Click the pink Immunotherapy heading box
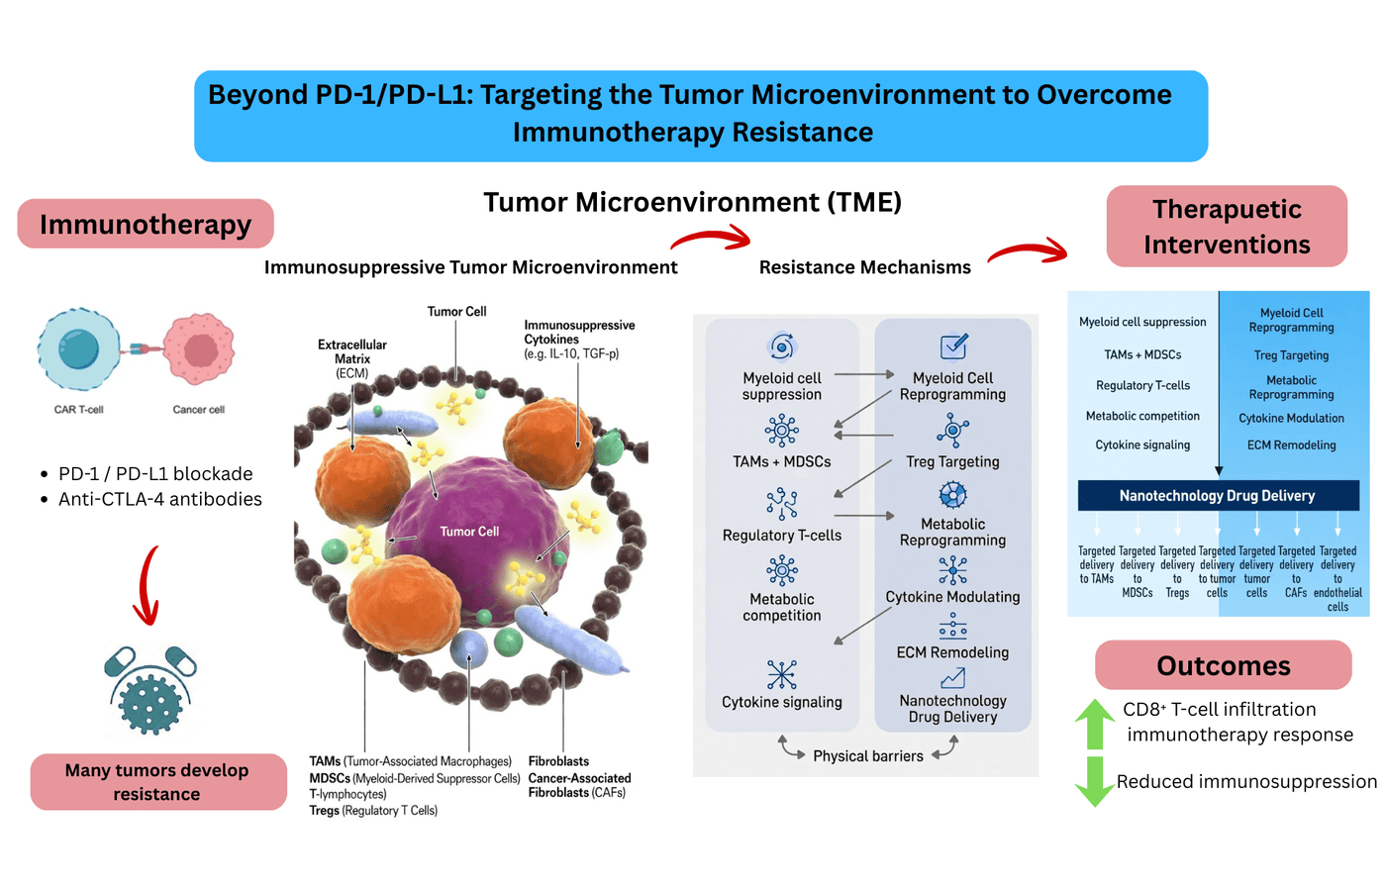(x=146, y=225)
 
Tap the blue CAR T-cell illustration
(x=78, y=349)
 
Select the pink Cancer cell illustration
(x=199, y=349)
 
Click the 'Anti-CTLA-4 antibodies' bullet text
(x=160, y=499)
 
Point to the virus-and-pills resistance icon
(x=150, y=690)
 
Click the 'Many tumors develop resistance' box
(x=157, y=782)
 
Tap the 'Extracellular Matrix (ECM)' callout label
(x=352, y=358)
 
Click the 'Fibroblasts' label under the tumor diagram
(x=558, y=761)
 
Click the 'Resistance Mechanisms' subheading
(x=864, y=267)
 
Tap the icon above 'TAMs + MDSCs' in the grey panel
(x=782, y=431)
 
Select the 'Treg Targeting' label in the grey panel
(x=952, y=461)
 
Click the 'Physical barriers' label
(x=867, y=756)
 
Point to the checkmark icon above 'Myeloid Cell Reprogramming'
(x=953, y=346)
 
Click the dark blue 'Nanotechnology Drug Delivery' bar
(x=1218, y=495)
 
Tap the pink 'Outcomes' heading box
(x=1224, y=665)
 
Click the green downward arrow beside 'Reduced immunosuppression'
(x=1095, y=781)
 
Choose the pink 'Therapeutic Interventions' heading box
(x=1227, y=227)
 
